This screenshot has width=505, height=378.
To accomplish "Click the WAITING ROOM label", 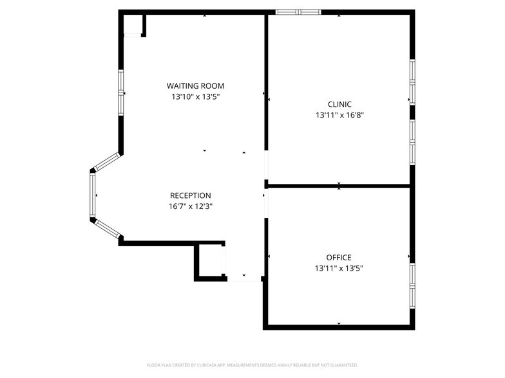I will [x=196, y=86].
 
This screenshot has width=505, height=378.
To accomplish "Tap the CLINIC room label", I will [x=339, y=104].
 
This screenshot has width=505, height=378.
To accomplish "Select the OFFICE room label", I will [x=339, y=257].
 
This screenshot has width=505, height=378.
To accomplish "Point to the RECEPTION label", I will [x=190, y=195].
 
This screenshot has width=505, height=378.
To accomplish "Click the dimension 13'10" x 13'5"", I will [x=196, y=97].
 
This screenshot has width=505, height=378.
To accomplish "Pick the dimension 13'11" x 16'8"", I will [x=339, y=115].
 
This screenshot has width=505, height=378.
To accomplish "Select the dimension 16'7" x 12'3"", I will [x=190, y=206].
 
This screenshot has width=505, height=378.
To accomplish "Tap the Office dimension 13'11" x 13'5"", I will [x=339, y=268].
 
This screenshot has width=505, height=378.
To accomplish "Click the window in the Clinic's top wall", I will [x=298, y=12].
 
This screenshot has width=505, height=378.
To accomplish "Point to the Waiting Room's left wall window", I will [x=120, y=93].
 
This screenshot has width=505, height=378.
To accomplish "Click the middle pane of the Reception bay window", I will [x=93, y=195].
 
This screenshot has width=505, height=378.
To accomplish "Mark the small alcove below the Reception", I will [x=211, y=262].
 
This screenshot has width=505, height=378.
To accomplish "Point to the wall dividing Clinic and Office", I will [x=339, y=186].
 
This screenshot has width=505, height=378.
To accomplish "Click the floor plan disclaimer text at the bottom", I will [x=252, y=365].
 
